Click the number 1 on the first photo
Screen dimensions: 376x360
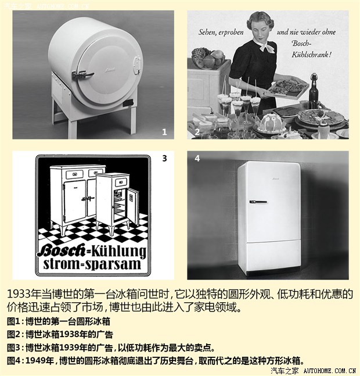pyautogui.click(x=164, y=132)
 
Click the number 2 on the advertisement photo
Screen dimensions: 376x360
pyautogui.click(x=197, y=132)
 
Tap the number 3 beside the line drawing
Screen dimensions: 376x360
pyautogui.click(x=164, y=158)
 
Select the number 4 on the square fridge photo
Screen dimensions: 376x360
pyautogui.click(x=197, y=158)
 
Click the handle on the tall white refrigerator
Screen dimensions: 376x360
pyautogui.click(x=258, y=201)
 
